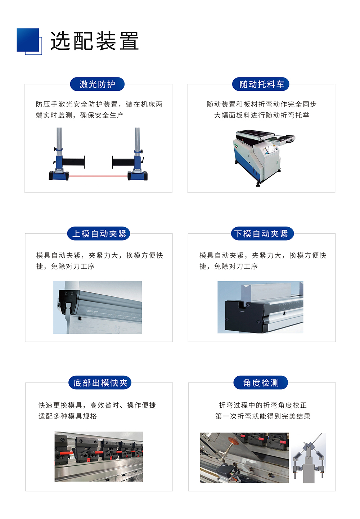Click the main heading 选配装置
pyautogui.click(x=94, y=41)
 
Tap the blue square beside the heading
pyautogui.click(x=28, y=40)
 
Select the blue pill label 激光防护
pyautogui.click(x=97, y=84)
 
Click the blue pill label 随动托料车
pyautogui.click(x=261, y=84)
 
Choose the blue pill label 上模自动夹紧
pyautogui.click(x=99, y=234)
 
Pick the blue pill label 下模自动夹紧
pyautogui.click(x=262, y=234)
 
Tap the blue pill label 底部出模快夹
pyautogui.click(x=100, y=383)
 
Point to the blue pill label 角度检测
pyautogui.click(x=261, y=383)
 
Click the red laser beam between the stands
pyautogui.click(x=98, y=176)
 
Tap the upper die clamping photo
pyautogui.click(x=98, y=308)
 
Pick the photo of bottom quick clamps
pyautogui.click(x=99, y=457)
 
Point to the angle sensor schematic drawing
pyautogui.click(x=309, y=458)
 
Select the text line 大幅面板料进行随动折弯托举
pyautogui.click(x=261, y=115)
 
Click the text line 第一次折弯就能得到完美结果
pyautogui.click(x=262, y=416)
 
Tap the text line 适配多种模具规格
pyautogui.click(x=68, y=416)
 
